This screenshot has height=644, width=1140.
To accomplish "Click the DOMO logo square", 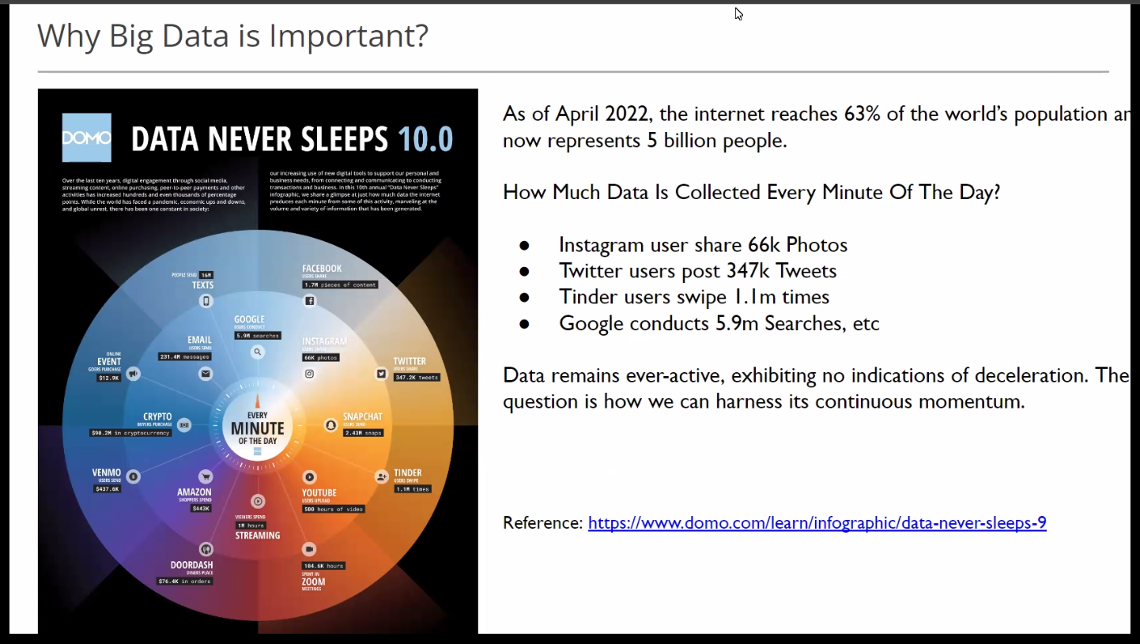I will (87, 137).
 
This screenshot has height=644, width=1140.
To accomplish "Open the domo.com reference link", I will (817, 523).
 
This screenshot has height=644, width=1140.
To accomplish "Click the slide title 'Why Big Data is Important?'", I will (232, 36).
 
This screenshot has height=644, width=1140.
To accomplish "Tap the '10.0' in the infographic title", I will (425, 138).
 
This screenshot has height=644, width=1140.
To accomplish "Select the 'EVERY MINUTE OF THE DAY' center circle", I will (257, 427).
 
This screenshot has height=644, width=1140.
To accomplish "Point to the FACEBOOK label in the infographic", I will (322, 269).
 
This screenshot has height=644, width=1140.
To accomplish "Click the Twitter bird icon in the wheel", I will (381, 373).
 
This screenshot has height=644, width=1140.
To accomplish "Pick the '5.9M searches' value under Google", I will (258, 336).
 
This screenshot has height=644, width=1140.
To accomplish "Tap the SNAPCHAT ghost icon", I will (331, 425).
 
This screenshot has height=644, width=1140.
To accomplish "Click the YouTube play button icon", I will (309, 476).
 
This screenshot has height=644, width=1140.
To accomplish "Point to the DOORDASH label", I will (192, 565).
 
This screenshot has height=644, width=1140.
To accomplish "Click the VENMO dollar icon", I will (134, 476).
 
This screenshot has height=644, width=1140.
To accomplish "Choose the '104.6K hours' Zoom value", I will (323, 566).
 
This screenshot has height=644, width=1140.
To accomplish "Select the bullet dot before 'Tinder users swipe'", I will (523, 298).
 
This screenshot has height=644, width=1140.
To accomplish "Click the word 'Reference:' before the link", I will (542, 523).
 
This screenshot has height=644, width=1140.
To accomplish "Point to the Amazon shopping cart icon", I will (206, 476).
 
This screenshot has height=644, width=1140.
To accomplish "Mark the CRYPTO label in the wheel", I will (157, 416).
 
